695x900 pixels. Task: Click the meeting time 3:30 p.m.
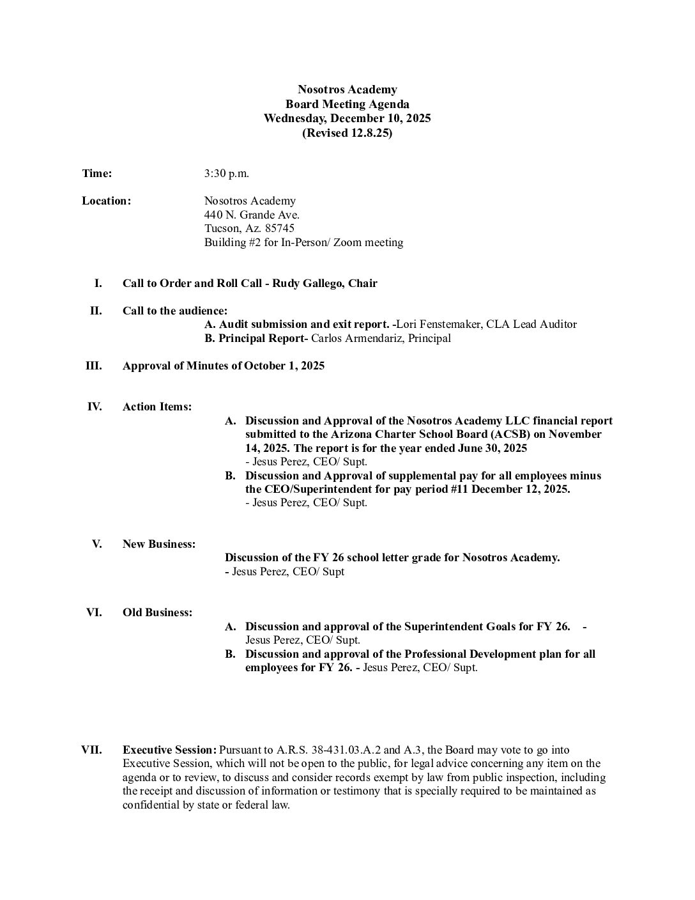[226, 173]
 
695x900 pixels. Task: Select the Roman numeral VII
[91, 750]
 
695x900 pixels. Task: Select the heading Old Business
[157, 612]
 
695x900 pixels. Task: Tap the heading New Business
[159, 544]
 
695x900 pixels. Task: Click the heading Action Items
[157, 407]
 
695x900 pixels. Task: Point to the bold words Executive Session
[169, 750]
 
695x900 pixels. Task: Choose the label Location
[106, 201]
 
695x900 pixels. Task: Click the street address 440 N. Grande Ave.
[252, 215]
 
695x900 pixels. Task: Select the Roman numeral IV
[95, 407]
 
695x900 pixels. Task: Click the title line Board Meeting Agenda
[347, 104]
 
